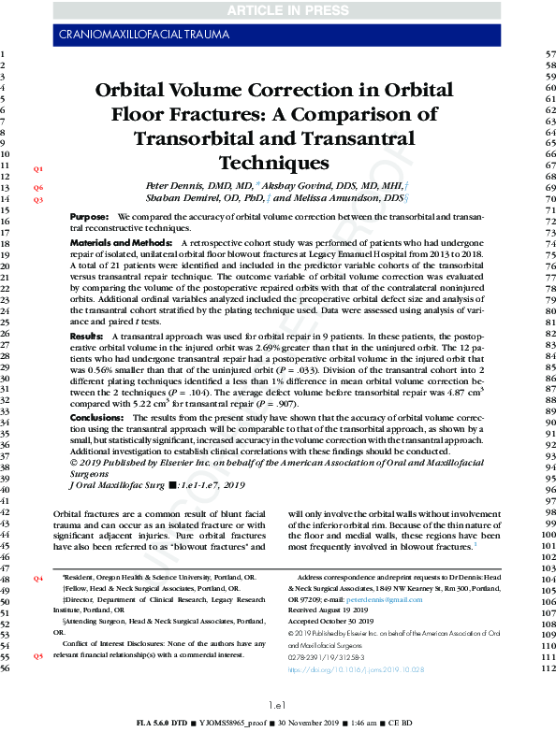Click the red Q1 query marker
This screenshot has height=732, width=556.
coord(38,169)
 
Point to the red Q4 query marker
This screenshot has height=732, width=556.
coord(38,580)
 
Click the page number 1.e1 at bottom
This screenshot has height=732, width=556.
coord(277,704)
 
